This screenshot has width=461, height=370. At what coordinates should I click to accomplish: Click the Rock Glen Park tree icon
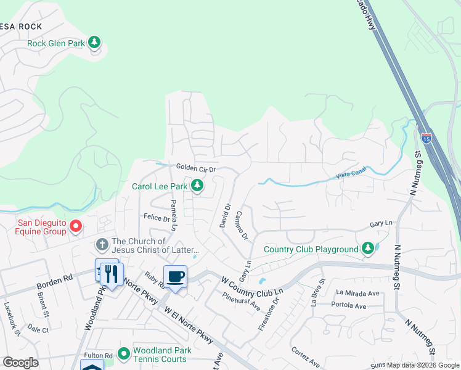(x=94, y=43)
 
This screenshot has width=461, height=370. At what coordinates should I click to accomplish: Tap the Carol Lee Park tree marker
(x=197, y=185)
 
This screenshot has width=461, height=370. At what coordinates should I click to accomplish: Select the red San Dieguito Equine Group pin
(x=76, y=226)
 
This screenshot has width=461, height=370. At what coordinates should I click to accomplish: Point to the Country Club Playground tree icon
(x=368, y=249)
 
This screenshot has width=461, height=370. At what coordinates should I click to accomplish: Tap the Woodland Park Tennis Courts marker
(x=123, y=353)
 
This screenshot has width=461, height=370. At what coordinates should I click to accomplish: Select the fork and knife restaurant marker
(x=112, y=273)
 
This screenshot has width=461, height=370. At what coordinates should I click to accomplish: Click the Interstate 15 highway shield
(x=426, y=138)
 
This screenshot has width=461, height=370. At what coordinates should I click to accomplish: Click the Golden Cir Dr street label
(x=196, y=168)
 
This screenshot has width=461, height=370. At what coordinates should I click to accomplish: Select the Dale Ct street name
(x=38, y=330)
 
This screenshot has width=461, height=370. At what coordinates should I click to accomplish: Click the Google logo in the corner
(x=20, y=363)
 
